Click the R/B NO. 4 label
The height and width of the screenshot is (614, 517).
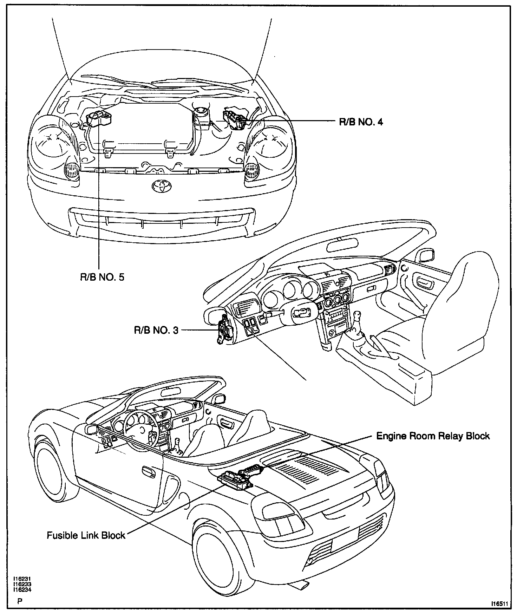tap(360, 122)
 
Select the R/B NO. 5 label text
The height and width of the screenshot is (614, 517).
tap(102, 277)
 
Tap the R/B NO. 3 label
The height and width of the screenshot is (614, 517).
tap(156, 330)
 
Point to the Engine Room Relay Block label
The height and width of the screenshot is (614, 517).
tap(433, 436)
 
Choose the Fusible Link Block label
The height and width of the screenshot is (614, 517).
tap(86, 535)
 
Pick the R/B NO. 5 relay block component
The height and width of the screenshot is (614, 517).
tap(99, 118)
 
